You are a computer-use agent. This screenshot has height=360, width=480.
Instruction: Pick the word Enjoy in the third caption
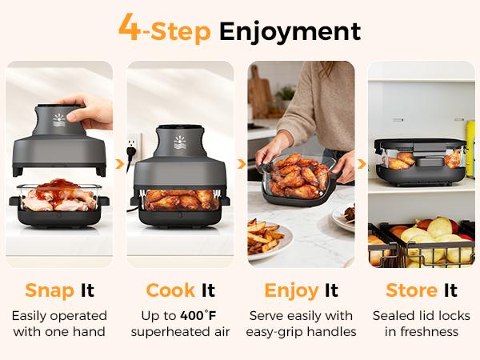click(291, 290)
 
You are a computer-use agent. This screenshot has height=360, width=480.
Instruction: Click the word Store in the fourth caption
click(411, 290)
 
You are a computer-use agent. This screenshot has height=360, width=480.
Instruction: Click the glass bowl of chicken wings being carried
click(300, 174)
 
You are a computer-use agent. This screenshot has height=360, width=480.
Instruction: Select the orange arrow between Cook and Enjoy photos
click(241, 163)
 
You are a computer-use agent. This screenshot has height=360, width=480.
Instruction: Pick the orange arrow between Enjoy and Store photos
click(361, 163)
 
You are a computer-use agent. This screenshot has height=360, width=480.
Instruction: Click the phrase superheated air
click(181, 331)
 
